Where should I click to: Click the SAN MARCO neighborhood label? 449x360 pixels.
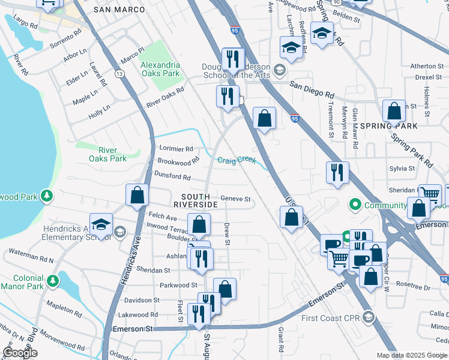coord(120,10)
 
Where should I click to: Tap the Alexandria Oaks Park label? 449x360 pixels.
coord(160,69)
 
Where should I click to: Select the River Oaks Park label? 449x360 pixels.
coord(108,154)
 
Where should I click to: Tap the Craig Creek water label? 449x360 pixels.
coord(237,160)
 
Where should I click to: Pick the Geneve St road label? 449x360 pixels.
coord(235,199)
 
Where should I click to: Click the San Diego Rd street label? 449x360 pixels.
coord(312,89)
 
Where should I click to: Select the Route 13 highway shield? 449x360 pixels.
coord(120,74)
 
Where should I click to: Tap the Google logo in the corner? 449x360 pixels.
coord(20,353)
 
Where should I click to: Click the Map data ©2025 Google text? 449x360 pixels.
coord(412,355)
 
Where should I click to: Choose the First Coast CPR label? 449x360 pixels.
coord(330,318)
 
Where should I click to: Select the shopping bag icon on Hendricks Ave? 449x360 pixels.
coord(137,195)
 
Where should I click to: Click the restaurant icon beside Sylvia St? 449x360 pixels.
coord(337,172)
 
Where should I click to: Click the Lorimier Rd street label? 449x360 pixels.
coord(176,148)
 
